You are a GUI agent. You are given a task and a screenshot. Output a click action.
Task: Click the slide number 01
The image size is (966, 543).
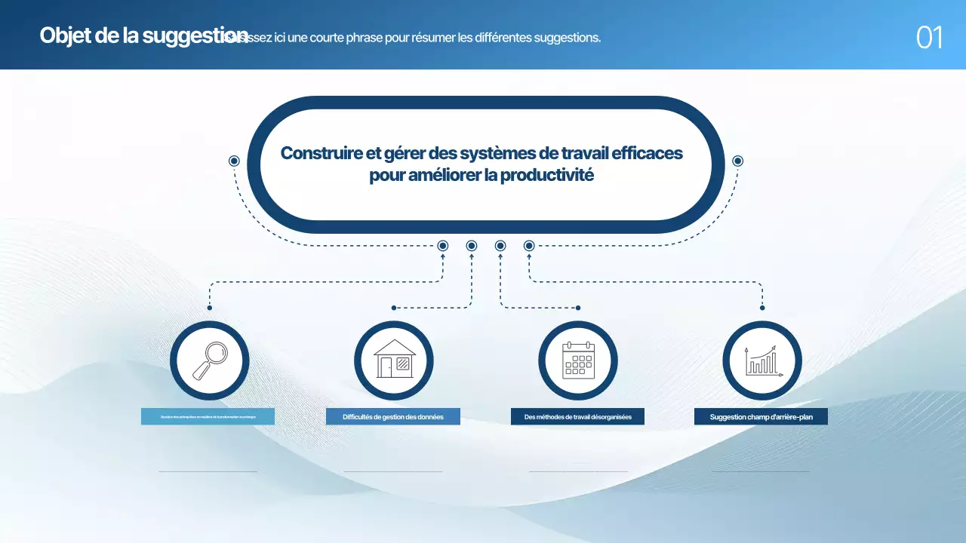pyautogui.click(x=929, y=37)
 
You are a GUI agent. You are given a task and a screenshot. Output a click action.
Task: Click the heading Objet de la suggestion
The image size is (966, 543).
pyautogui.click(x=143, y=35)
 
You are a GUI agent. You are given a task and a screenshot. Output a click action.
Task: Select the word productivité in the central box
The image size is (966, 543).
pyautogui.click(x=547, y=176)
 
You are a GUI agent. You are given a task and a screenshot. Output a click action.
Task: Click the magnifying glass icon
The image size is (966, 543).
pyautogui.click(x=210, y=360)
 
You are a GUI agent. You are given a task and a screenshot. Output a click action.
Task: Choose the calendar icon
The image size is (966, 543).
pyautogui.click(x=578, y=360)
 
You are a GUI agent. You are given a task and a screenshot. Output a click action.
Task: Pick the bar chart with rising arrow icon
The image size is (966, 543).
pyautogui.click(x=762, y=360)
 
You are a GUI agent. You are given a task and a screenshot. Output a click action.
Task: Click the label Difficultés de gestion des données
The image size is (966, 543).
pyautogui.click(x=392, y=417)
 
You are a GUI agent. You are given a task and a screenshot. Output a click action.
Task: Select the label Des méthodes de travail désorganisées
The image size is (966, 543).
pyautogui.click(x=577, y=417)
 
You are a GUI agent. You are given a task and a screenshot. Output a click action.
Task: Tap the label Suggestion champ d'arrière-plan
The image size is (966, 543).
pyautogui.click(x=761, y=417)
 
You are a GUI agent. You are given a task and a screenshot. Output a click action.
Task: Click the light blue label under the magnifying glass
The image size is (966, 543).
pyautogui.click(x=208, y=417)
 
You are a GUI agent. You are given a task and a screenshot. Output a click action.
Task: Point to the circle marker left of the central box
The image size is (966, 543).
pyautogui.click(x=234, y=161)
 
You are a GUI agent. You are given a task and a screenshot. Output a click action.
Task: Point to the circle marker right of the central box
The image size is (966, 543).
pyautogui.click(x=738, y=161)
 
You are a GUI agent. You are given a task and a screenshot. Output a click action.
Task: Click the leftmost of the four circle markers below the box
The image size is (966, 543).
pyautogui.click(x=443, y=246)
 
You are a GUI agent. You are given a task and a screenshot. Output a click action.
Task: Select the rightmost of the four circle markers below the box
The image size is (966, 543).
pyautogui.click(x=529, y=246)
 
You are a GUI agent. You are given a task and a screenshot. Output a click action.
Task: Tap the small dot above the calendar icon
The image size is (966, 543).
pyautogui.click(x=578, y=308)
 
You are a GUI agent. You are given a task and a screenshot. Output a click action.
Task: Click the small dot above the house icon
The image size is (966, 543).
pyautogui.click(x=394, y=308)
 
